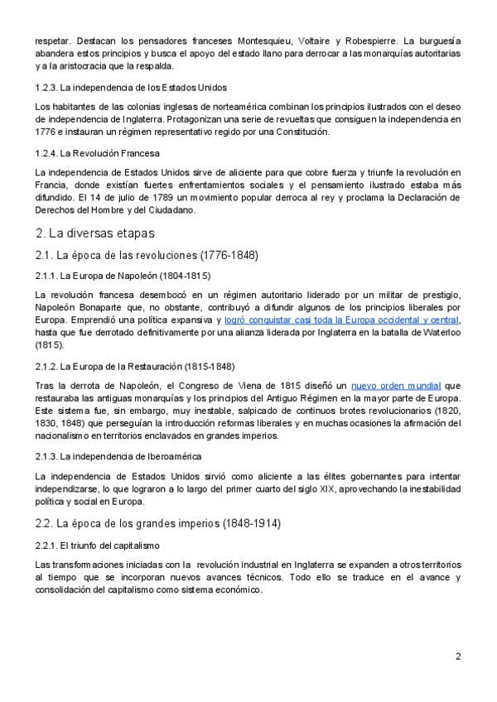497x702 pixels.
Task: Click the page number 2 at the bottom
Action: click(458, 656)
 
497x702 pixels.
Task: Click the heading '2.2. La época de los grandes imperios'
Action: click(159, 523)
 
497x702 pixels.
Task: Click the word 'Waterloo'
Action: click(438, 332)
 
